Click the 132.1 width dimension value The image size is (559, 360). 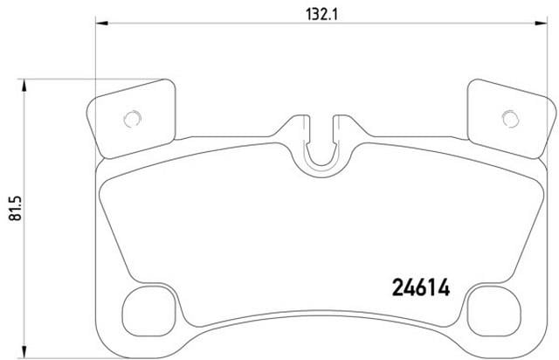[x=321, y=15]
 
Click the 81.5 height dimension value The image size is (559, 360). [x=16, y=208]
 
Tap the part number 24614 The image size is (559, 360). [x=421, y=287]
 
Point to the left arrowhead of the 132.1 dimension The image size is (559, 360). [x=102, y=24]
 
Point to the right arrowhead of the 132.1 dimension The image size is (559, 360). [x=541, y=24]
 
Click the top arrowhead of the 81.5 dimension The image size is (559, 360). [x=24, y=86]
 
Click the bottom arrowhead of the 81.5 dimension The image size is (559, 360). [x=24, y=350]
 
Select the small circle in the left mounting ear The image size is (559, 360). [x=133, y=119]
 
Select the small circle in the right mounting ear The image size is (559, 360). [x=510, y=119]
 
